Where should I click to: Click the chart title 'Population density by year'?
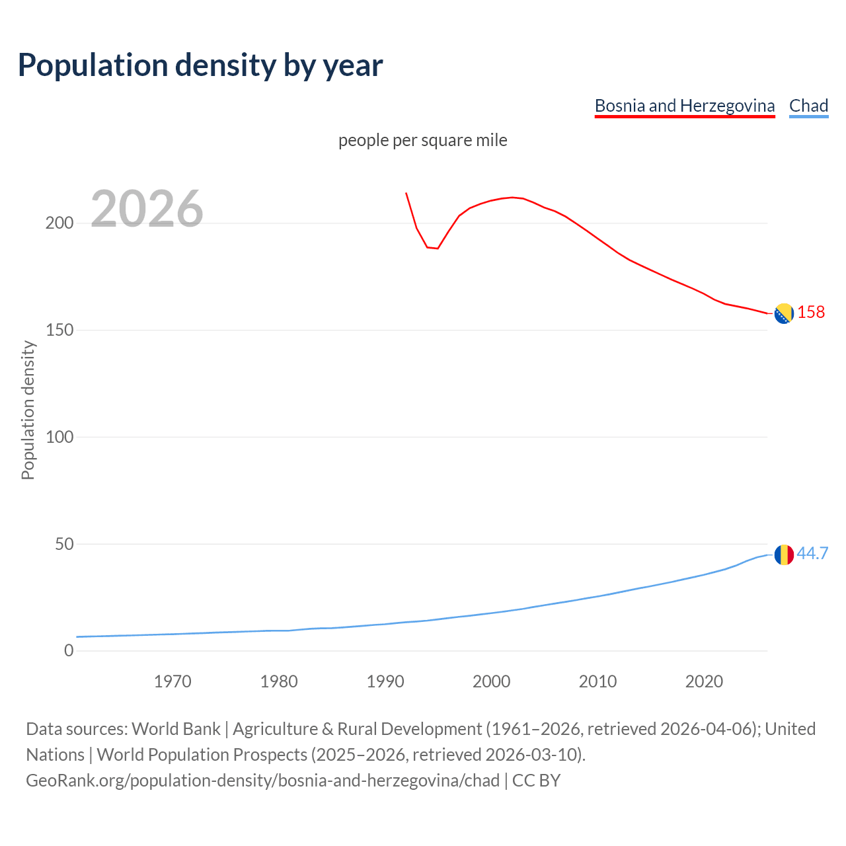coord(200,65)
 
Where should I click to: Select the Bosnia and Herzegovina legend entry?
coord(684,106)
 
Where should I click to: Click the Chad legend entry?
coord(808,106)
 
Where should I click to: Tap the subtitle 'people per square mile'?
coord(422,140)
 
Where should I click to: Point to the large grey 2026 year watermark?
coord(147,209)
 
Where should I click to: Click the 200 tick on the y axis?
coord(59,223)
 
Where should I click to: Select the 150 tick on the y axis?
coord(59,330)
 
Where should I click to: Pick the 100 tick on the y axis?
coord(59,437)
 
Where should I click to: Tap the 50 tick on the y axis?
coord(63,544)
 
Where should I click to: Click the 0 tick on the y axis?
coord(69,651)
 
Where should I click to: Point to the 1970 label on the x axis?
coord(173,681)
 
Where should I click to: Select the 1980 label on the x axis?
coord(279,681)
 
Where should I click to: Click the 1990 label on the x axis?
coord(385,681)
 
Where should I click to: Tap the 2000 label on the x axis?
coord(491,681)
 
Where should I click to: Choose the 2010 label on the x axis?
coord(597,681)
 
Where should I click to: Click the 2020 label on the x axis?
coord(704,681)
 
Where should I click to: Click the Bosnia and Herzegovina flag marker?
coord(784,313)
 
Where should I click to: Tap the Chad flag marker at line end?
coord(784,555)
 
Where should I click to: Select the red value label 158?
coord(811,313)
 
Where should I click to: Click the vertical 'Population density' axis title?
coord(28,410)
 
